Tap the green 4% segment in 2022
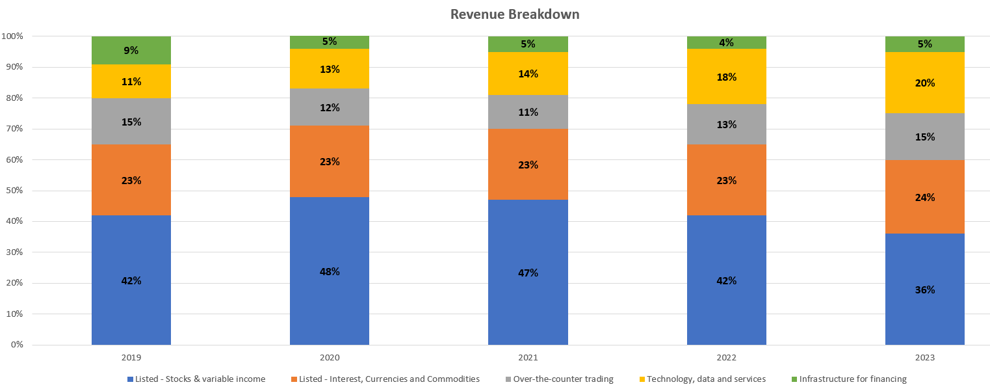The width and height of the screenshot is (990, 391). (727, 43)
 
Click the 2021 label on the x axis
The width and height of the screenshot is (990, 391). (528, 358)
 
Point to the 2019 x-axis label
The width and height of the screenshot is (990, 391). (131, 358)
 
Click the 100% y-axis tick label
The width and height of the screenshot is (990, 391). (12, 36)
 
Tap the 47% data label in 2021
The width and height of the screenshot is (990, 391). (528, 273)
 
